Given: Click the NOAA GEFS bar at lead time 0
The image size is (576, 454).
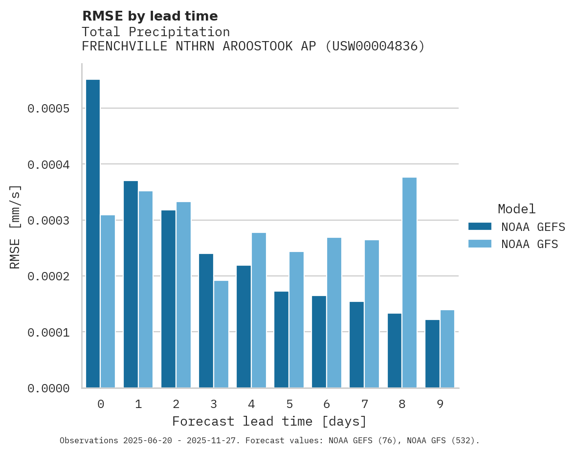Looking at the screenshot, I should [x=93, y=234].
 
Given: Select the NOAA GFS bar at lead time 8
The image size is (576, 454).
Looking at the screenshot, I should [x=409, y=283].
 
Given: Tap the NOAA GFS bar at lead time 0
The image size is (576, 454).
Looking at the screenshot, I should [x=108, y=301].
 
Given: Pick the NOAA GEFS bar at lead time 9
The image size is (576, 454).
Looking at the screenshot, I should [x=432, y=354].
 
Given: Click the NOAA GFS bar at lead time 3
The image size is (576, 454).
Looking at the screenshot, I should [x=221, y=334].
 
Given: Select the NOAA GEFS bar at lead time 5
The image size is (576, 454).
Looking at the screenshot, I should [x=281, y=340].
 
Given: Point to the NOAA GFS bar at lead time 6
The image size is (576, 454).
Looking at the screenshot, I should [x=334, y=313].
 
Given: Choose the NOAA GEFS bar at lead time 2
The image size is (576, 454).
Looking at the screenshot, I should [x=168, y=299].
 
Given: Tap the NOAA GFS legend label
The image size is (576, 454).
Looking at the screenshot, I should [x=529, y=244].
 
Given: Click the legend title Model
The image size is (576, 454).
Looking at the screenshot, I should [x=516, y=209].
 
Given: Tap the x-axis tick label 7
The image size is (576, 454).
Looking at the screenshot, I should [x=365, y=404].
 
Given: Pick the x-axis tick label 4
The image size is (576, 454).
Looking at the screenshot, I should [x=251, y=404].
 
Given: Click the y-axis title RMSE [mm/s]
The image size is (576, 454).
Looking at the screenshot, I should [x=15, y=227].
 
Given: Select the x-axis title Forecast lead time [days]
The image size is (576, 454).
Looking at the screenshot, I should [x=269, y=421].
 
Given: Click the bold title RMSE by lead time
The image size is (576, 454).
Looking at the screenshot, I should [x=150, y=16].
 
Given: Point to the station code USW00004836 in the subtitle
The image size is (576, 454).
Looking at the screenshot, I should [x=375, y=46].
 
